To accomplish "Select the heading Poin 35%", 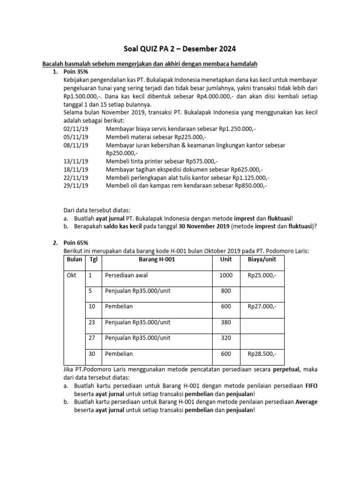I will pyautogui.click(x=75, y=72).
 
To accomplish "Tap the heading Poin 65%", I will pyautogui.click(x=75, y=242).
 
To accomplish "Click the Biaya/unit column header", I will pyautogui.click(x=262, y=259).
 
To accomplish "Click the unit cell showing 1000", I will pyautogui.click(x=225, y=276).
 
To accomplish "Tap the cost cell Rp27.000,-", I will pyautogui.click(x=262, y=306).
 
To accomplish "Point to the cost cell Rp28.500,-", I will pyautogui.click(x=262, y=354).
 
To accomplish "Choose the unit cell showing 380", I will pyautogui.click(x=225, y=322).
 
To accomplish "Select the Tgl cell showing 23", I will pyautogui.click(x=91, y=322).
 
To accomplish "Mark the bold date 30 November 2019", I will pyautogui.click(x=204, y=226).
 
